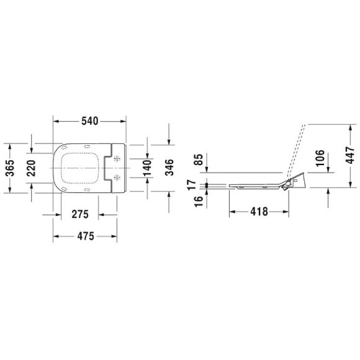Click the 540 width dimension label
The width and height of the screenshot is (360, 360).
tap(90, 120)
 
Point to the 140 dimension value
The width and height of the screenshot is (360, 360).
tap(147, 167)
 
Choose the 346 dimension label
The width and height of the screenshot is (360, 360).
tap(169, 166)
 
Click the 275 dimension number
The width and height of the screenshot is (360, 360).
tap(79, 214)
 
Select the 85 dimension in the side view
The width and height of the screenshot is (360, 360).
tap(199, 160)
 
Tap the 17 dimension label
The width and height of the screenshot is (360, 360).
tap(192, 184)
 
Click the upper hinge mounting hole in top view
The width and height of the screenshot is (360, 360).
tap(117, 156)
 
